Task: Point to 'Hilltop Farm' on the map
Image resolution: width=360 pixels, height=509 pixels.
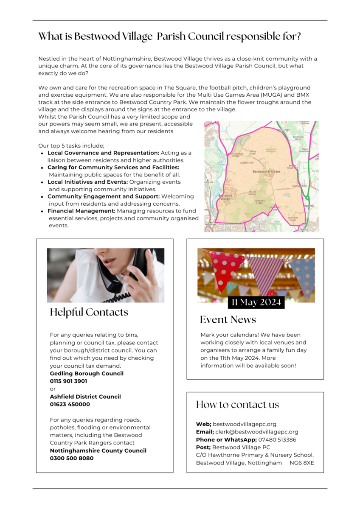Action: (x=253, y=152)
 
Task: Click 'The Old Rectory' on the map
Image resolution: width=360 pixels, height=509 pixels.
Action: (x=252, y=193)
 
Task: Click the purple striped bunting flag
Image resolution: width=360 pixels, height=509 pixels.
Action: (x=264, y=274)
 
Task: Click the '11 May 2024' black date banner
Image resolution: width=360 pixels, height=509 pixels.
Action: (x=256, y=302)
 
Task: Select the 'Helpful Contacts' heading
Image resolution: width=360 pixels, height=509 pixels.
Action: (x=89, y=312)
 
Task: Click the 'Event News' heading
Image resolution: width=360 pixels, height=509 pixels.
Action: (x=228, y=319)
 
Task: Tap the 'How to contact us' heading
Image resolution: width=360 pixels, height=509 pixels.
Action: (x=237, y=405)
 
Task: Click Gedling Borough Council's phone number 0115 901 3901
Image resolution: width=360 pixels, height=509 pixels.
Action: (x=68, y=381)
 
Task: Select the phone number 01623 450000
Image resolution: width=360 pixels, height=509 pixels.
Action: (x=70, y=404)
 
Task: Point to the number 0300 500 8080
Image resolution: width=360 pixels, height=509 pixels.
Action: (x=71, y=458)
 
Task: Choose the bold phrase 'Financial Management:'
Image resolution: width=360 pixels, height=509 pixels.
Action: (x=82, y=211)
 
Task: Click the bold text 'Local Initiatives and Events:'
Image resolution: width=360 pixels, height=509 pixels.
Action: (x=87, y=182)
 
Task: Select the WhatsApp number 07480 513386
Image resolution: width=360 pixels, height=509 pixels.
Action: (x=277, y=439)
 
